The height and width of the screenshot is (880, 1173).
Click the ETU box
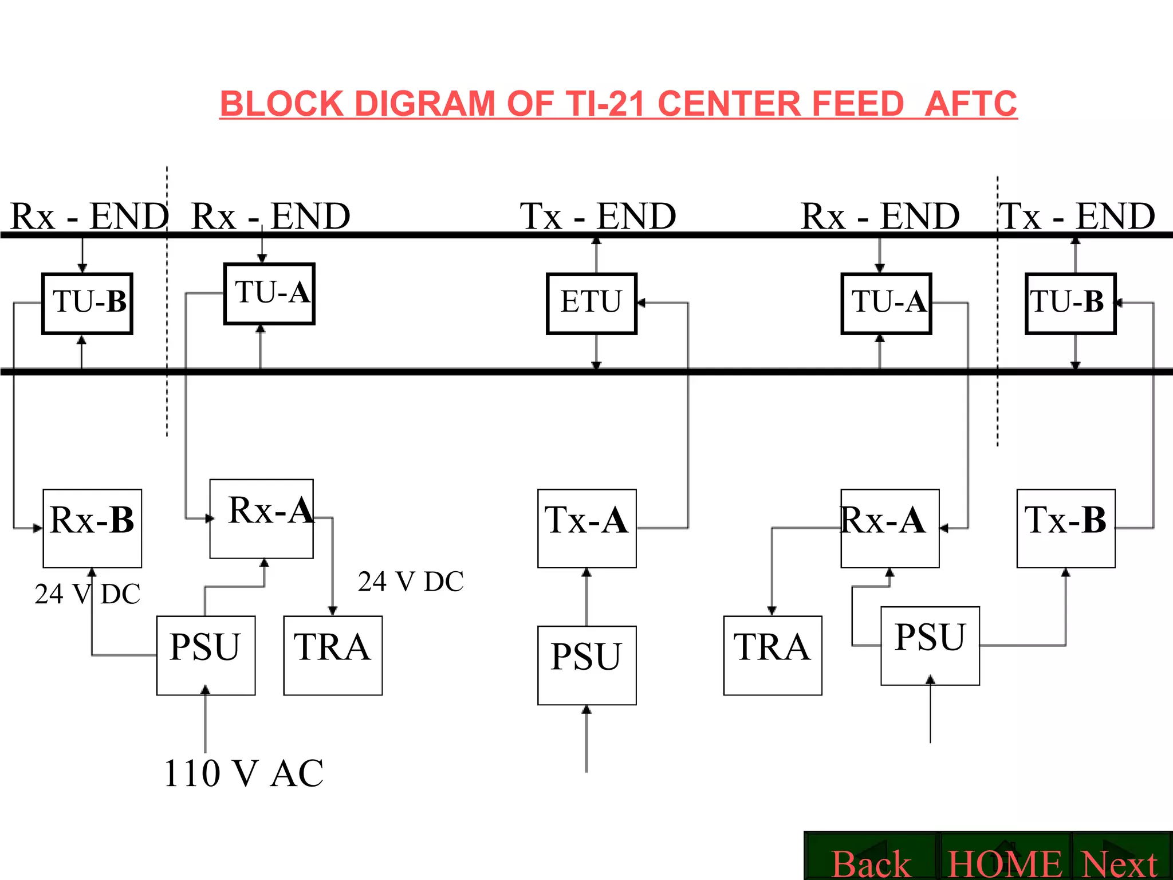click(591, 303)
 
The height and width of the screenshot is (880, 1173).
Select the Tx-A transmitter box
click(586, 528)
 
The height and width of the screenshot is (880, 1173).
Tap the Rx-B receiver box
click(92, 528)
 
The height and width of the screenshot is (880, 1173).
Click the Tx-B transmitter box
click(1065, 528)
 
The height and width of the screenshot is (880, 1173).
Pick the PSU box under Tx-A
click(586, 665)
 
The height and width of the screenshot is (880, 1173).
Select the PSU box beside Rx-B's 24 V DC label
click(206, 655)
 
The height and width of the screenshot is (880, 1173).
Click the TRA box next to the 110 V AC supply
click(333, 655)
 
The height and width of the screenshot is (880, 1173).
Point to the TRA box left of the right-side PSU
click(772, 655)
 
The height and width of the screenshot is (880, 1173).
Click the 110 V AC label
click(243, 773)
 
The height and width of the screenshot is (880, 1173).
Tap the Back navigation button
click(871, 862)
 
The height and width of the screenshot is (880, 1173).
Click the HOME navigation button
click(1005, 862)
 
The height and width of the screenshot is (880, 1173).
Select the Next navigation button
click(1120, 862)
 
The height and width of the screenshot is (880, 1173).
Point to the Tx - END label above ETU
click(597, 216)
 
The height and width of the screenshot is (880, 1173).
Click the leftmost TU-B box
click(88, 303)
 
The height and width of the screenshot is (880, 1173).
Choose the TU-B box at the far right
click(1070, 303)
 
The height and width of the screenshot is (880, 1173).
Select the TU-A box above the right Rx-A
click(886, 303)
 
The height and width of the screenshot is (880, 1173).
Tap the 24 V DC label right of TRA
click(411, 582)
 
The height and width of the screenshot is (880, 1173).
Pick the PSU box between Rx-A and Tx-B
click(930, 645)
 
